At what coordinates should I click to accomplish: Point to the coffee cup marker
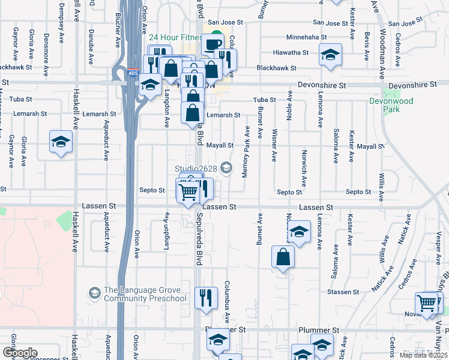click(x=212, y=43)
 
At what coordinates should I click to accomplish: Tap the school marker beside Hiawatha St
click(x=329, y=55)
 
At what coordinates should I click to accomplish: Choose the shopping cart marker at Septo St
click(x=188, y=192)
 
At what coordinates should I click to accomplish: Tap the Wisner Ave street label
click(x=274, y=144)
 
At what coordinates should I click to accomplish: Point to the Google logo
click(x=19, y=353)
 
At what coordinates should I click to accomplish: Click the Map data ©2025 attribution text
click(x=423, y=355)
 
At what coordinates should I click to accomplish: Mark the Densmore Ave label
click(x=46, y=46)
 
